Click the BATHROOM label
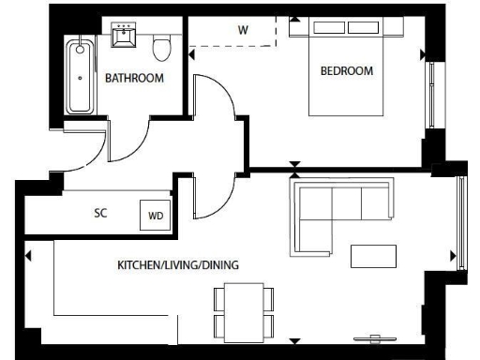(134, 78)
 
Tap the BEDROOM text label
(346, 71)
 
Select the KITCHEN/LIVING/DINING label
(177, 265)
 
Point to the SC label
(100, 213)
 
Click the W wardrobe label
(243, 30)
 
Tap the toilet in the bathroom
(162, 43)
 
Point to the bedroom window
(431, 94)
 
